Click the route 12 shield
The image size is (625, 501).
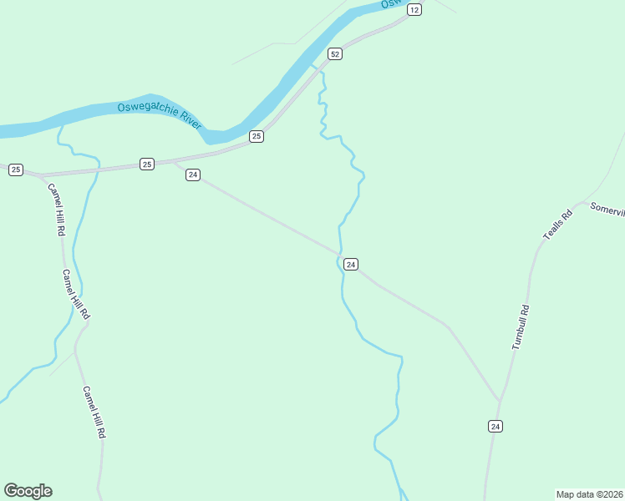point(414,9)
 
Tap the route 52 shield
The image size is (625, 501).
point(334,53)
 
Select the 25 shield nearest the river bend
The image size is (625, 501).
point(257,136)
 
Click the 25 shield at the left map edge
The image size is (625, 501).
point(16,170)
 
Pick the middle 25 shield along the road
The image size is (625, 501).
point(147,164)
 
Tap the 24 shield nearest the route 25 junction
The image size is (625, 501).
point(193,175)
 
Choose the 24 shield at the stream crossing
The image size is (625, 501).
point(351,264)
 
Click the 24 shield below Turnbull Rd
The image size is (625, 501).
point(495,426)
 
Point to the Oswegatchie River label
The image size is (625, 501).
point(160,114)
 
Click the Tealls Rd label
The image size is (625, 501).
point(557,225)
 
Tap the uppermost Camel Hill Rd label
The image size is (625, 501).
point(56,210)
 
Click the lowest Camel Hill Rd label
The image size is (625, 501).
point(94,412)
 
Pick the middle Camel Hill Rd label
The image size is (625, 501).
point(75,295)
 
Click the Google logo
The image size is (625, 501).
point(28,491)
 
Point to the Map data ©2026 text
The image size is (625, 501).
point(589,493)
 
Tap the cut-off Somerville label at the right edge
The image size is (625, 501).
point(607,209)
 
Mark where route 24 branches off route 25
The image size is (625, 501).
point(173,162)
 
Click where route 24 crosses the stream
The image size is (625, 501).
point(340,253)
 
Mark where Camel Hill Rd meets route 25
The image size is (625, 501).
point(41,175)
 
